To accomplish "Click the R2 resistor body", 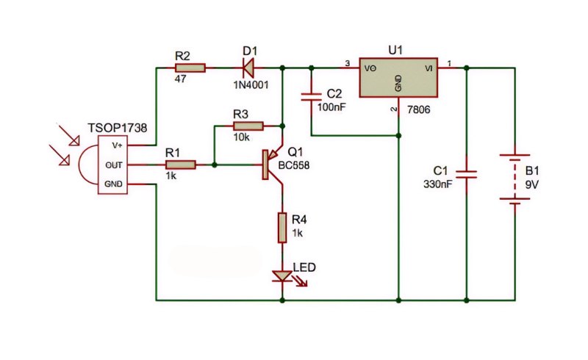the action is pyautogui.click(x=190, y=68).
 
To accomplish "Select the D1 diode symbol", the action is pyautogui.click(x=248, y=68).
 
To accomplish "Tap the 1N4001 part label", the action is pyautogui.click(x=251, y=84).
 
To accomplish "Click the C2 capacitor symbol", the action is pyautogui.click(x=311, y=97).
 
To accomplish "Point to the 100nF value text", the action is pyautogui.click(x=331, y=107).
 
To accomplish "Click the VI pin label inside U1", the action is pyautogui.click(x=429, y=68).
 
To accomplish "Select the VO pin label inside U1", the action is pyautogui.click(x=370, y=68).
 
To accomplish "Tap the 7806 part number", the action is pyautogui.click(x=418, y=110).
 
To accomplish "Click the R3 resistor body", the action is pyautogui.click(x=248, y=126).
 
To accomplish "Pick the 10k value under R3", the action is pyautogui.click(x=242, y=137).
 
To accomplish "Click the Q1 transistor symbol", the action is pyautogui.click(x=271, y=165).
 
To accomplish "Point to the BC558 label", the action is pyautogui.click(x=294, y=165).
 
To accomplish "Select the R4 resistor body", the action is pyautogui.click(x=282, y=228).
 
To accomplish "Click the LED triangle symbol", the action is pyautogui.click(x=282, y=276).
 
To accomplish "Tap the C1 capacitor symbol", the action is pyautogui.click(x=467, y=174).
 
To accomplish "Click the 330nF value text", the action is pyautogui.click(x=437, y=184).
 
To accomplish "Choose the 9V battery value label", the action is pyautogui.click(x=531, y=185).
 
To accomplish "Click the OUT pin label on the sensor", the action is pyautogui.click(x=114, y=165).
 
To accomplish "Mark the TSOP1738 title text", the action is pyautogui.click(x=118, y=128).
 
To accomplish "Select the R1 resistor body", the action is pyautogui.click(x=180, y=165).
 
